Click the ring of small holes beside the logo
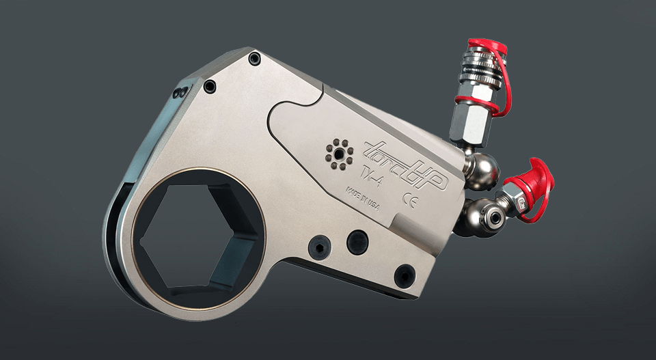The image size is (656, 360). (337, 153)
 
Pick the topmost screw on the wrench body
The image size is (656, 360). (255, 59)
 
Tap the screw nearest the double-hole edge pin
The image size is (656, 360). (210, 87)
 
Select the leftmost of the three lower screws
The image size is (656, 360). (318, 247)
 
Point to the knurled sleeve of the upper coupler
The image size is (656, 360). (479, 71)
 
